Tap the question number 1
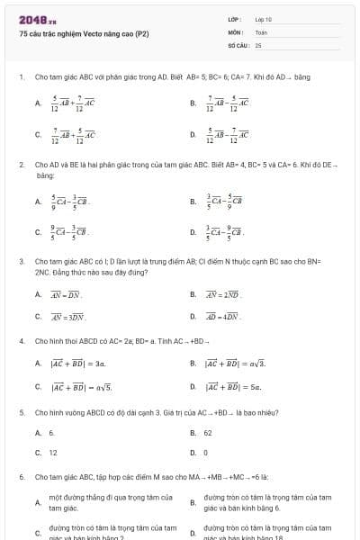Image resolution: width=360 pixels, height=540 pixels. pos(21,77)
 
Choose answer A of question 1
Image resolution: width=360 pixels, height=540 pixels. pos(72,103)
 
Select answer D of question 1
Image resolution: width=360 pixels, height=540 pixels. pos(228,135)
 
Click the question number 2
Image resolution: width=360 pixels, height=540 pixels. pos(21,166)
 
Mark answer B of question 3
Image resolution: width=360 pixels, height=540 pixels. pos(227,294)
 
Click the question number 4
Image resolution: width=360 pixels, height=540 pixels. pos(21,341)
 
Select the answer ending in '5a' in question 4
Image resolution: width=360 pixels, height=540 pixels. pos(232,387)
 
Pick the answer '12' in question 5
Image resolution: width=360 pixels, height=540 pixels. pos(52,453)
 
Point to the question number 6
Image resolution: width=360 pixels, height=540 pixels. pos(21,475)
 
